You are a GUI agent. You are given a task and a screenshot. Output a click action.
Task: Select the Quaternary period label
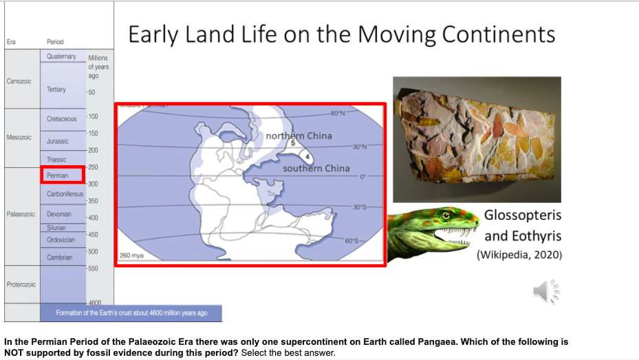[61, 56]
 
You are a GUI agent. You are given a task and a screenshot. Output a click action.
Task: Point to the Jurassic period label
[57, 141]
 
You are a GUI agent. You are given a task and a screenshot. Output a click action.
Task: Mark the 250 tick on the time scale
[93, 167]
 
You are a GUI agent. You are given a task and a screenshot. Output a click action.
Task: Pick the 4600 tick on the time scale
[95, 303]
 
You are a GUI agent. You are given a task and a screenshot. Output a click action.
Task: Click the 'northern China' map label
[299, 136]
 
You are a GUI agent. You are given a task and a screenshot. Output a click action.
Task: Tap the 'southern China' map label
[316, 168]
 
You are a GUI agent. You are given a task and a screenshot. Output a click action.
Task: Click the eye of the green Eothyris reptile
[446, 216]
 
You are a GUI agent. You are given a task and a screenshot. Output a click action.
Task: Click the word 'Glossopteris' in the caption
[523, 215]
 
